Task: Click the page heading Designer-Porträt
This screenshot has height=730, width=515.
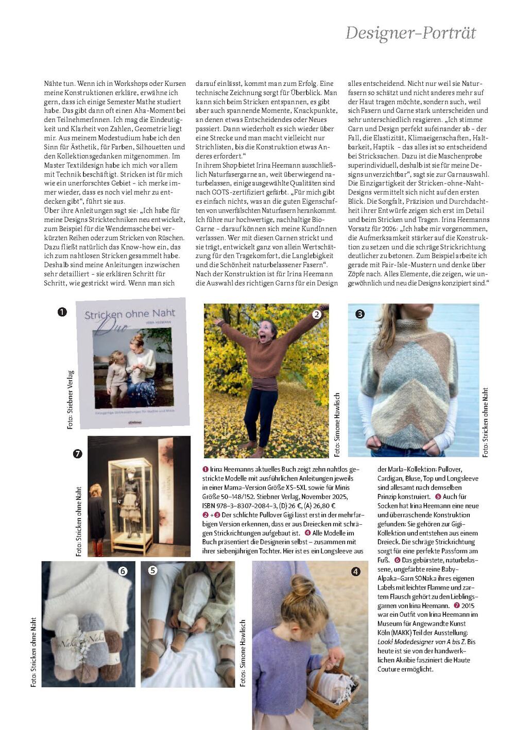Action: pos(410,33)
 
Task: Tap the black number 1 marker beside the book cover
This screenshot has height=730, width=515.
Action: pos(62,312)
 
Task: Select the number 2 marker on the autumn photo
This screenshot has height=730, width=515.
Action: pos(317,314)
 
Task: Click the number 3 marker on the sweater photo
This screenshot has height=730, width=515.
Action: pos(360,314)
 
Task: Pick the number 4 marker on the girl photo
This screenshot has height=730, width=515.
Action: pos(356,572)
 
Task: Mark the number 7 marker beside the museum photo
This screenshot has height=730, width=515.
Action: pos(78,453)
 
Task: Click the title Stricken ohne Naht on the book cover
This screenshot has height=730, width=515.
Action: pos(130,314)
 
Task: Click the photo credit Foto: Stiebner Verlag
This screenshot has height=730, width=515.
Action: pos(71,399)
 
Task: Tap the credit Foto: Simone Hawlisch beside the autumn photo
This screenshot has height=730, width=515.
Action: pos(337,424)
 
